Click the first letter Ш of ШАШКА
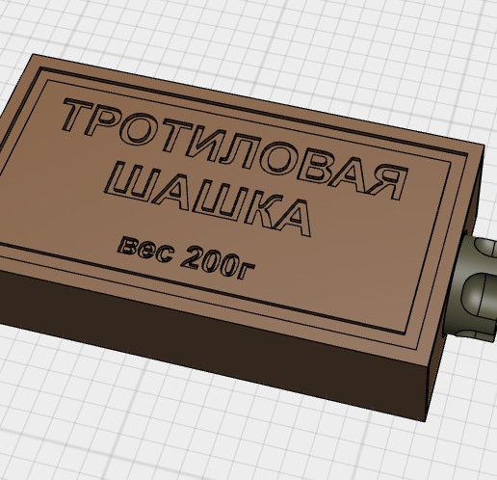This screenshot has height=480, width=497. tap(128, 179)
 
